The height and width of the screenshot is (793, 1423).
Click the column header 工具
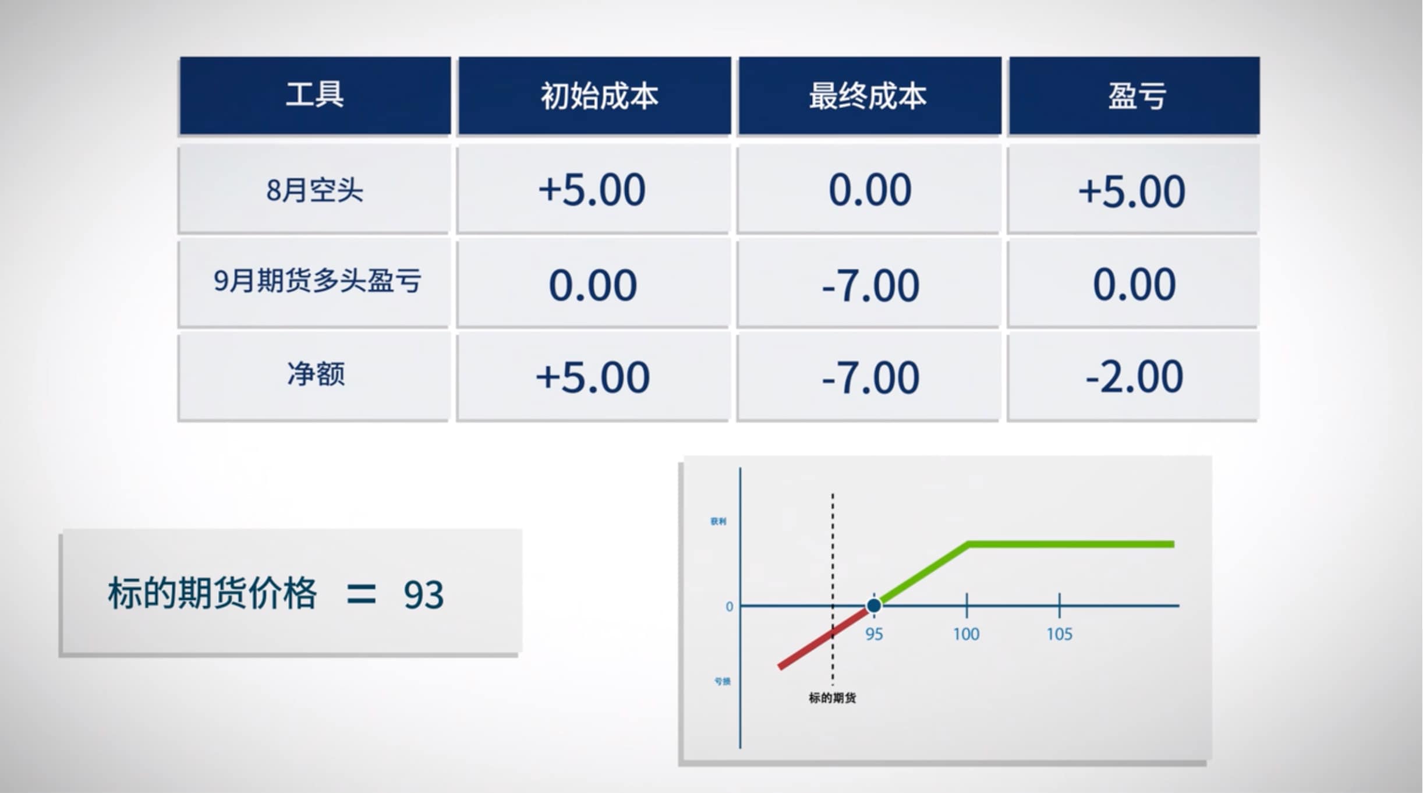tap(314, 95)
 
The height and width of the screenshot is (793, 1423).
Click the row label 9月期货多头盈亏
tap(317, 281)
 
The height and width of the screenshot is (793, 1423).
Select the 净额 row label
tap(316, 374)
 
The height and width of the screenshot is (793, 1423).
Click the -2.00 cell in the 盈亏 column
tap(1134, 377)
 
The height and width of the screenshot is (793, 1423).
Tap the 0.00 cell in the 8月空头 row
tap(869, 190)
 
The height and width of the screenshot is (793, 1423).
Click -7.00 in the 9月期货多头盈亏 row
tap(870, 285)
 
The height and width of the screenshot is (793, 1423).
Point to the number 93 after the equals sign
tap(423, 596)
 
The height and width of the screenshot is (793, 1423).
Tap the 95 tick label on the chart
tap(873, 634)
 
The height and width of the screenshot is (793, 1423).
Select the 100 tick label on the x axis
tap(966, 634)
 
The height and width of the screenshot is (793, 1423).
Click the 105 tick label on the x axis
tap(1059, 634)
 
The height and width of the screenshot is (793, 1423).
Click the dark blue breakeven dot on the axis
tap(873, 606)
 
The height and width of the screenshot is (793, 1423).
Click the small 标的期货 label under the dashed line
tap(832, 698)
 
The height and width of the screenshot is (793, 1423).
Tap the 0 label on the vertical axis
tap(729, 607)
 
